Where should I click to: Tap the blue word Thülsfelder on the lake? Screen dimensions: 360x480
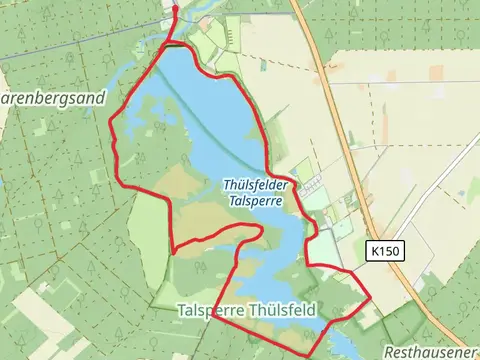255,185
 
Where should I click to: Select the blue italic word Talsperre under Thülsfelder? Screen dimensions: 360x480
255,200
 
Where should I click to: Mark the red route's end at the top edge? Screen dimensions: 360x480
176,4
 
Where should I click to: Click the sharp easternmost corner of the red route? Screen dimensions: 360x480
371,297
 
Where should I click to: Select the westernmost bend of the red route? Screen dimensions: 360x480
109,125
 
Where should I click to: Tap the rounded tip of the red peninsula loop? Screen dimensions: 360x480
261,231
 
